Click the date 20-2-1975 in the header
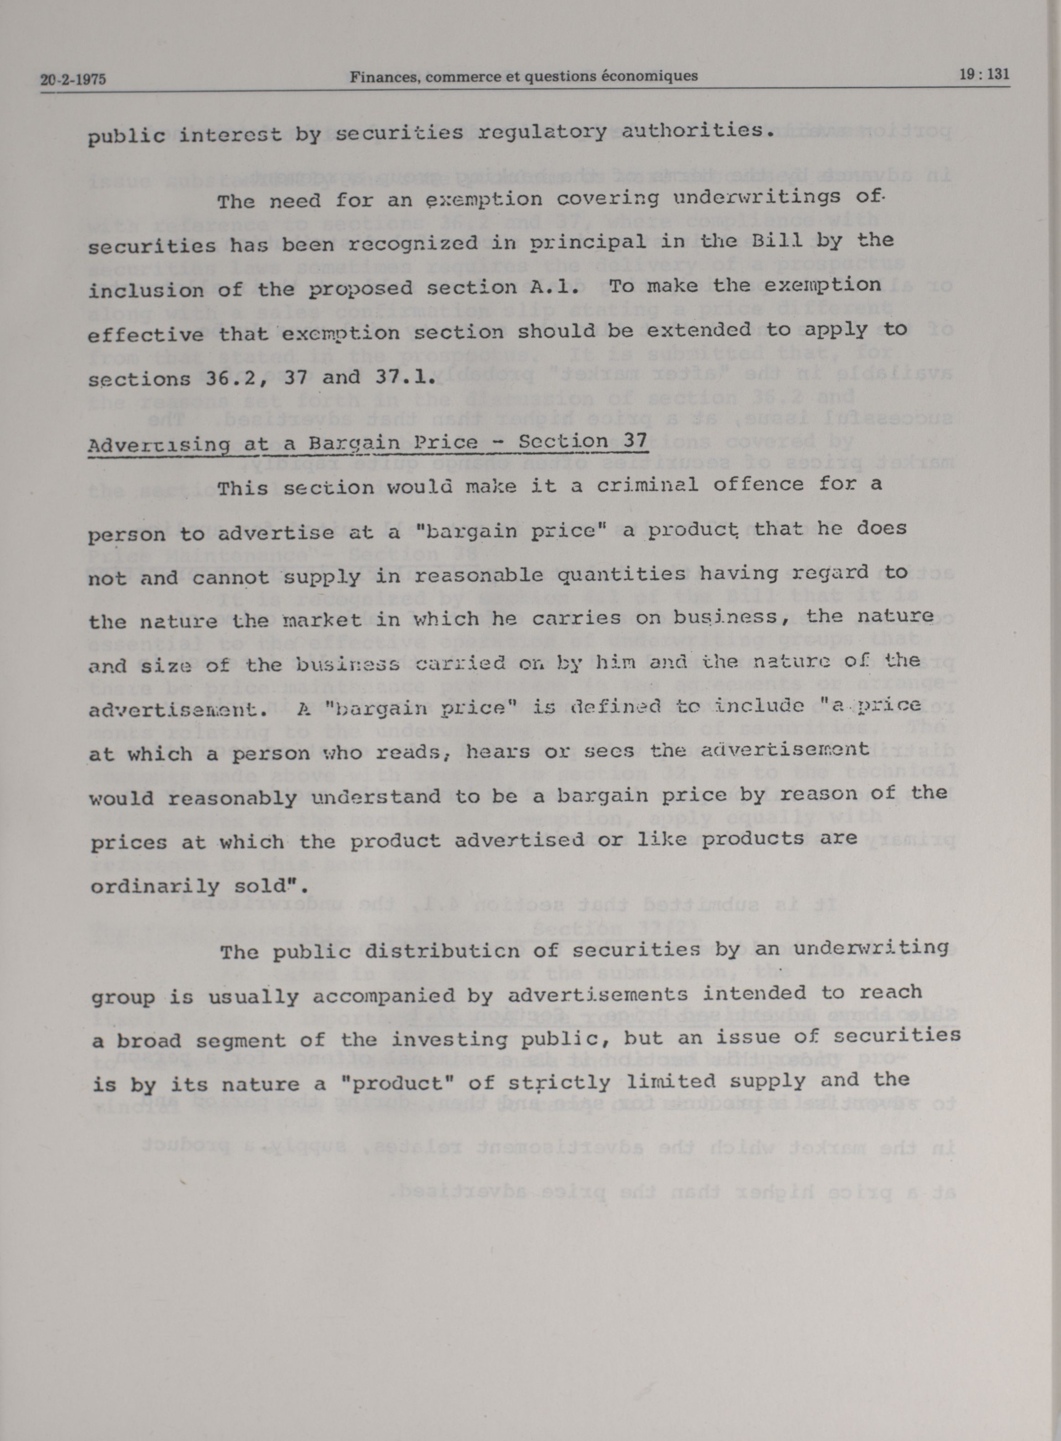point(72,80)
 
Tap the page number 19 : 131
point(984,74)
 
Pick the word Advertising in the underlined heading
point(159,444)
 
